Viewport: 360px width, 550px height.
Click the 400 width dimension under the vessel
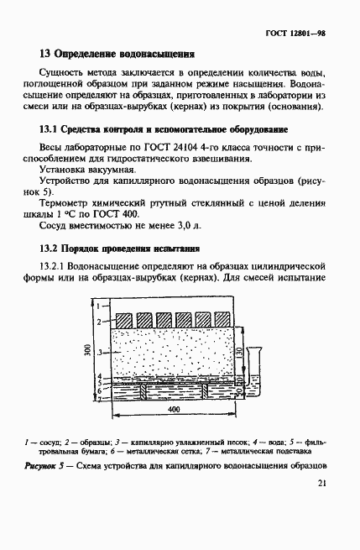[x=173, y=409]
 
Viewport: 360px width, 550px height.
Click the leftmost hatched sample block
[x=123, y=320]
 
